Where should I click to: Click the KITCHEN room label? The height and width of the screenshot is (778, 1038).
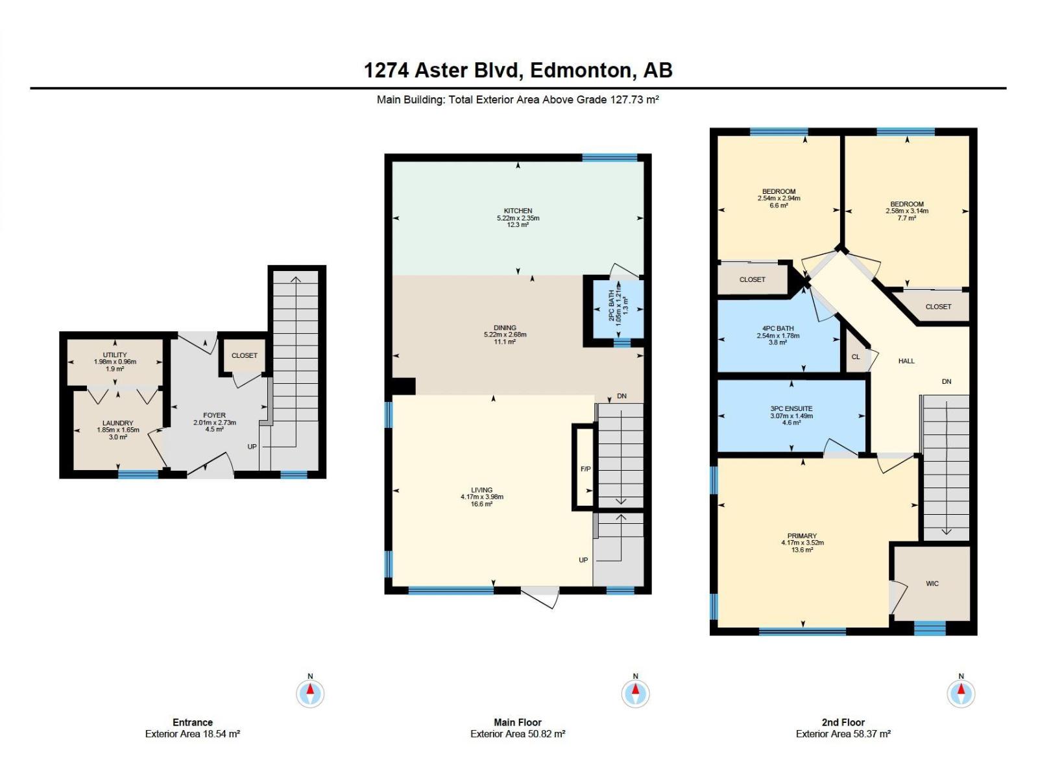point(518,211)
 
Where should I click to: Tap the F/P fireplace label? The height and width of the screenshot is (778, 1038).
point(585,469)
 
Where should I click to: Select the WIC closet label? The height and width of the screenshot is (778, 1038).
point(932,583)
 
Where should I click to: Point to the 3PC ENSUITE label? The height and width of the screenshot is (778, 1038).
point(791,408)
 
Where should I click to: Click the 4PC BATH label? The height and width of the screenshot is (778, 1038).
point(778,328)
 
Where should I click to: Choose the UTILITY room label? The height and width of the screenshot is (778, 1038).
point(115,355)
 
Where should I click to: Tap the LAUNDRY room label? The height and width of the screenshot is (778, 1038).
point(118,423)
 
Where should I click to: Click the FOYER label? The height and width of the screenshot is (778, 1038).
point(214,415)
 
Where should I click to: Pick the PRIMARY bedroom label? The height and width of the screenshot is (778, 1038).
point(802,536)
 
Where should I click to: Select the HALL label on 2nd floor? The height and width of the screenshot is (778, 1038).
point(906,361)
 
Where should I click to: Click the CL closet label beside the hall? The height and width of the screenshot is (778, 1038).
point(856,357)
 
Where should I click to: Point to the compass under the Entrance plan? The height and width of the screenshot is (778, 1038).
point(310,693)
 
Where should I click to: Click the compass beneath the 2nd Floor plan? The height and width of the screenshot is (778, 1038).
point(961,693)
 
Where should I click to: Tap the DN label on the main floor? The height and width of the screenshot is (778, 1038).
point(622,396)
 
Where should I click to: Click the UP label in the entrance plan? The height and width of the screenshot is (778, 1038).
point(252,447)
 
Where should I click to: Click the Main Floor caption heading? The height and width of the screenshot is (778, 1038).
point(518,722)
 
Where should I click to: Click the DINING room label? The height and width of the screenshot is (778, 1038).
point(505,327)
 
